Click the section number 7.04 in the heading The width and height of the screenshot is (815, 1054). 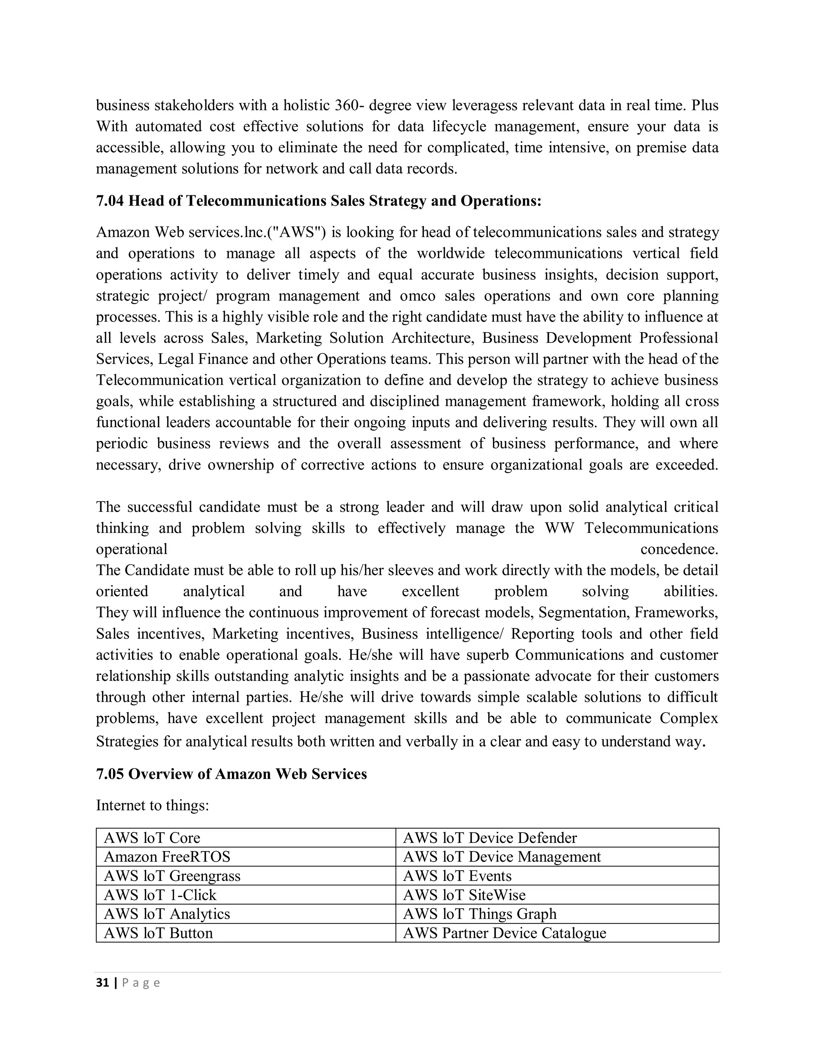[110, 201]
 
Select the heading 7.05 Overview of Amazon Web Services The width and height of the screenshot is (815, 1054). [231, 774]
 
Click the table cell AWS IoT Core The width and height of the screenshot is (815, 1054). [152, 838]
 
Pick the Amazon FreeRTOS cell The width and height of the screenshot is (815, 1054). [167, 857]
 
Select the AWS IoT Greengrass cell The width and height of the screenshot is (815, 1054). [172, 876]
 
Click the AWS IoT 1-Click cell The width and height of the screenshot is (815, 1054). [160, 895]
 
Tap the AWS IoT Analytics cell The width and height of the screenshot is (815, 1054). [167, 914]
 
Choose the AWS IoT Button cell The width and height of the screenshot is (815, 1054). [158, 933]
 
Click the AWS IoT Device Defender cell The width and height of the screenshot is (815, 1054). [489, 838]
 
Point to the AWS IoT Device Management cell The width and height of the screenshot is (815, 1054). [502, 857]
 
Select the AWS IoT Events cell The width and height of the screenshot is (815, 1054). [457, 876]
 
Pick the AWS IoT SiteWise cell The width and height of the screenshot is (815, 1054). [464, 895]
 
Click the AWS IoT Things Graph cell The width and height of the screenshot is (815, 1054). [480, 914]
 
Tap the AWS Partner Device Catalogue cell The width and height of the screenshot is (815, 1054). [504, 933]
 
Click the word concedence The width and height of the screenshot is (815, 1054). [679, 549]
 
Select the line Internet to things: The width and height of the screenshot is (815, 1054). [152, 805]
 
